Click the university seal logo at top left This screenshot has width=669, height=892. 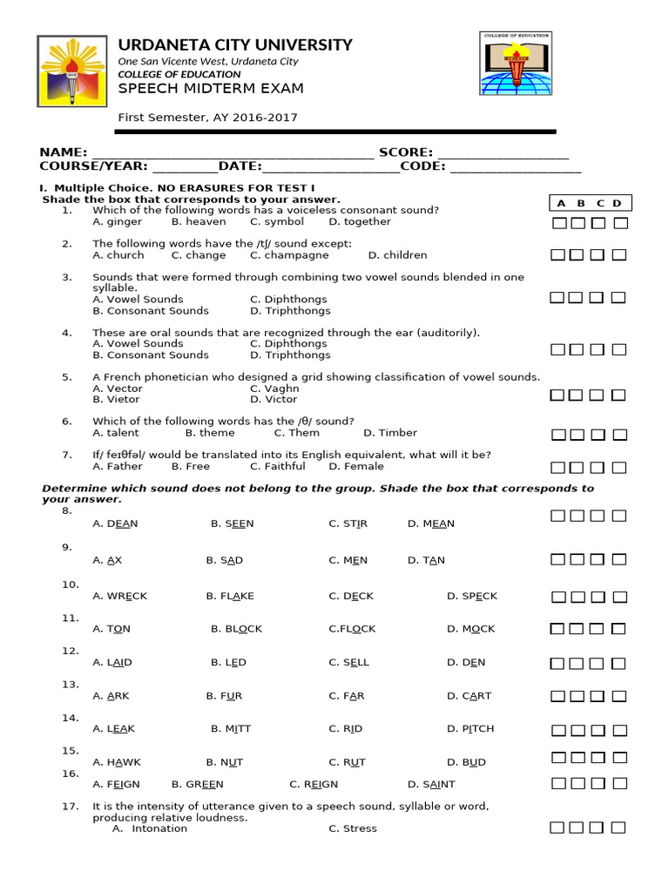pyautogui.click(x=71, y=71)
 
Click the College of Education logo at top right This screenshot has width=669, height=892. pyautogui.click(x=516, y=63)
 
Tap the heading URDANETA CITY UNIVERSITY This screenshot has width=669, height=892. pyautogui.click(x=235, y=44)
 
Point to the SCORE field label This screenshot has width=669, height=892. pyautogui.click(x=405, y=152)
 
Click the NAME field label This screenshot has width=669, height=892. pyautogui.click(x=63, y=152)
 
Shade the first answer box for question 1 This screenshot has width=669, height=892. pyautogui.click(x=557, y=223)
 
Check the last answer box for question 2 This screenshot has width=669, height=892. pyautogui.click(x=619, y=255)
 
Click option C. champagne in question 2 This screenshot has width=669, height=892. pyautogui.click(x=289, y=255)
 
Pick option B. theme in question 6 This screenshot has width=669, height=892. pyautogui.click(x=210, y=433)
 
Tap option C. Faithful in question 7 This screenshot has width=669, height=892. pyautogui.click(x=278, y=466)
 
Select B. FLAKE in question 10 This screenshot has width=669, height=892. pyautogui.click(x=230, y=596)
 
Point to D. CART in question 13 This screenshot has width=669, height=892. pyautogui.click(x=469, y=696)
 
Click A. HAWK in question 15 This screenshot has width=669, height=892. pyautogui.click(x=116, y=762)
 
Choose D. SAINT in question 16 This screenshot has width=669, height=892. pyautogui.click(x=431, y=784)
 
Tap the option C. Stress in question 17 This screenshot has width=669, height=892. pyautogui.click(x=353, y=828)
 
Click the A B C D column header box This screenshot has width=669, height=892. pyautogui.click(x=590, y=203)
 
